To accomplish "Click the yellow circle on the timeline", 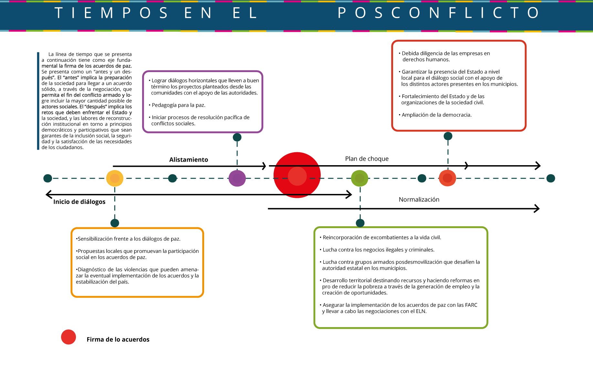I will coord(115,178).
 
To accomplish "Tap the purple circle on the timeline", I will coord(237,178).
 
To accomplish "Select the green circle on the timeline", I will coord(359,178).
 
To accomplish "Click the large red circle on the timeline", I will coord(297,175).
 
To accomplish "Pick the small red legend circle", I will coord(68,337).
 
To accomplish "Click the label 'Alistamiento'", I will coord(189,160).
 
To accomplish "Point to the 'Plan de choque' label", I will coord(367,159).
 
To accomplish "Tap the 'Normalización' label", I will coord(419,199).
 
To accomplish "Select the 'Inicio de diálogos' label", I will coord(79,202).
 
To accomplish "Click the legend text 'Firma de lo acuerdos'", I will coord(118,339).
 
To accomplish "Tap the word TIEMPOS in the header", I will coord(111,13).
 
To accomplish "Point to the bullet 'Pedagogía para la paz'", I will coord(178,105).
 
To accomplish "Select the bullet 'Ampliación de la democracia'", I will coord(436,115).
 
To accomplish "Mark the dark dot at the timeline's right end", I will coord(551,178).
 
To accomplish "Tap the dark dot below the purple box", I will coord(237,137).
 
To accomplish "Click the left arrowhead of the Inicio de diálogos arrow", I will coord(49,194).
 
